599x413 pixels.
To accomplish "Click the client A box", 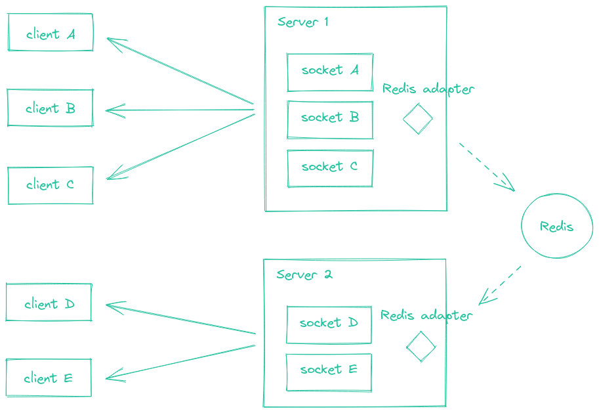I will click(51, 33).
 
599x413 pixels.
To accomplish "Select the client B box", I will click(51, 108).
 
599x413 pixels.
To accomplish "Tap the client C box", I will click(51, 185).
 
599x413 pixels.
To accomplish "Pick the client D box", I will click(49, 303).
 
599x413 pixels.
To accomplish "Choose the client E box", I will click(49, 378).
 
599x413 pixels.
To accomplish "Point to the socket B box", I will click(330, 120).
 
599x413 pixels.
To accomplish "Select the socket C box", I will click(330, 168).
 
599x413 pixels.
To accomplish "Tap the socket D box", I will click(329, 324).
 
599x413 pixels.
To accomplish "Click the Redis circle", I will click(556, 227).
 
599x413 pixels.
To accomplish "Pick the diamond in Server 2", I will click(421, 346).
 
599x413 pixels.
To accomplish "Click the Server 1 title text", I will click(302, 22).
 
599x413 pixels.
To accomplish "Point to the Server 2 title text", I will click(304, 274).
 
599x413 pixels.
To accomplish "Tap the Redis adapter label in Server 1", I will click(428, 89).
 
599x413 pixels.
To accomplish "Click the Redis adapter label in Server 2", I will click(426, 316).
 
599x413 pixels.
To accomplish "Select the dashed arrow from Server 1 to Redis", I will click(486, 166).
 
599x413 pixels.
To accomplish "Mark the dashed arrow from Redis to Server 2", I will click(500, 286).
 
